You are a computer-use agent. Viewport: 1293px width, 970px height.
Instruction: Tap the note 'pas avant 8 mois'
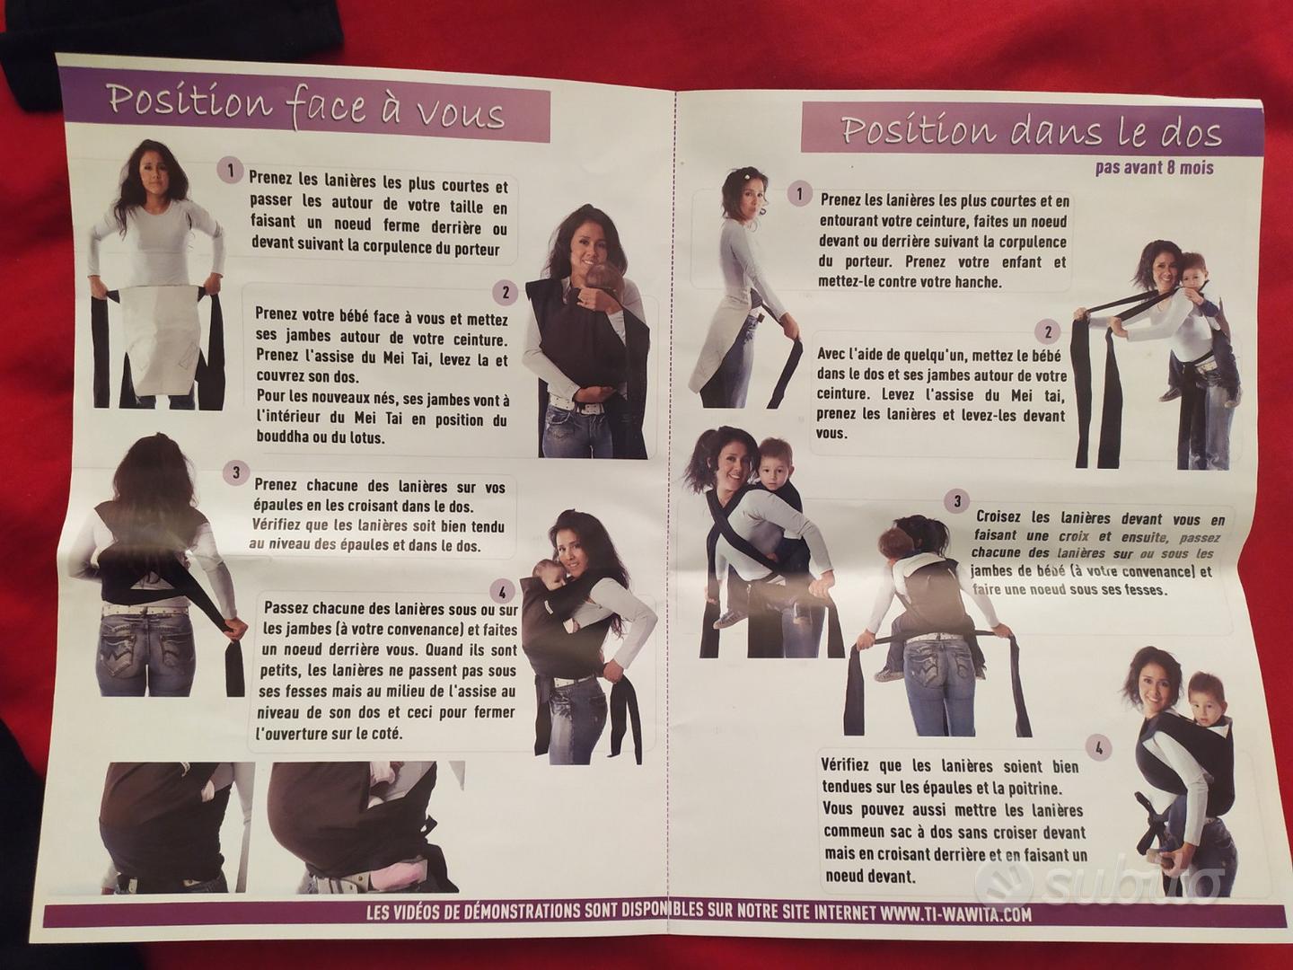[1155, 168]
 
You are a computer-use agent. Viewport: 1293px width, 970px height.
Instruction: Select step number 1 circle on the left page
[231, 172]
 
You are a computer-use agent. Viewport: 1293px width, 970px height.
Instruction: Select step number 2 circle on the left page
[505, 292]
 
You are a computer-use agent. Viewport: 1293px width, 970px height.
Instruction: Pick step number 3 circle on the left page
[235, 472]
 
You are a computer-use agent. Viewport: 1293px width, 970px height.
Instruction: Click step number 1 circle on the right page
[799, 194]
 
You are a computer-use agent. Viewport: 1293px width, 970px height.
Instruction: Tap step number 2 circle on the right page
[1047, 332]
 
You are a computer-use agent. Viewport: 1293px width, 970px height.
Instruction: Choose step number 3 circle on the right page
[957, 501]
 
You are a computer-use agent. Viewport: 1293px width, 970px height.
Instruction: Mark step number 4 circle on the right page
[1099, 749]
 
